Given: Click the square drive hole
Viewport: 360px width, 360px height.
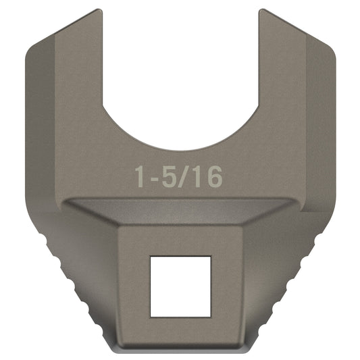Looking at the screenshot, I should tap(180, 286).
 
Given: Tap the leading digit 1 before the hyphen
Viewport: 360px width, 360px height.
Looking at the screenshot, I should tap(139, 178).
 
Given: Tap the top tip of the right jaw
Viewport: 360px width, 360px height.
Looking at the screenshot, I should tap(262, 11).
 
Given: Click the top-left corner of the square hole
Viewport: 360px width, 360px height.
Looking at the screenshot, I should tap(151, 257).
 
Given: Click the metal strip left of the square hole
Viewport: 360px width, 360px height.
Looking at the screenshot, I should tap(134, 286).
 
